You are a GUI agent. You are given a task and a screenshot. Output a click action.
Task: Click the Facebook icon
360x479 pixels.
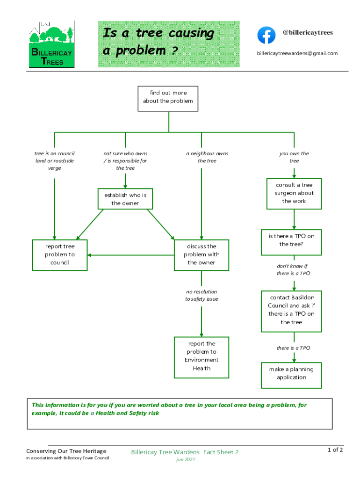point(266,35)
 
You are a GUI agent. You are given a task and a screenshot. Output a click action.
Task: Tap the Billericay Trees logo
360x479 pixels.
point(51,44)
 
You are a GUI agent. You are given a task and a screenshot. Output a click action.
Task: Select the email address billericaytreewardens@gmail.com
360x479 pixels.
point(297,53)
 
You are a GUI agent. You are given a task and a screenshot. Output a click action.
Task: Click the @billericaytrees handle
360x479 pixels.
point(308,33)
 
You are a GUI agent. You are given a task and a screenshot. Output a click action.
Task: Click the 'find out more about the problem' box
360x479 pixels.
point(168,98)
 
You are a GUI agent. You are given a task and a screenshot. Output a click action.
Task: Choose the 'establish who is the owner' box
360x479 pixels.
point(125,199)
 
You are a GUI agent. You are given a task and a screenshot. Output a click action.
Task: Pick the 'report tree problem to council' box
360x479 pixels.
point(60,255)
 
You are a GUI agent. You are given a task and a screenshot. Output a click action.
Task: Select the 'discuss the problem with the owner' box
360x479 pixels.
point(202,255)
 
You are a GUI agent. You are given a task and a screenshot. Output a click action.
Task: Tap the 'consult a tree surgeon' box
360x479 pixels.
point(294,193)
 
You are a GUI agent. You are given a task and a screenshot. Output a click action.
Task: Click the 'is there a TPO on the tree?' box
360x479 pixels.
point(291,242)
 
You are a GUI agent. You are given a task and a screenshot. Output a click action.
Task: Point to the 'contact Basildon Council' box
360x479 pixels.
point(291,311)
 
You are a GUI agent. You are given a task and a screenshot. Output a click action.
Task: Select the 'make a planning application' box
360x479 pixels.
point(291,375)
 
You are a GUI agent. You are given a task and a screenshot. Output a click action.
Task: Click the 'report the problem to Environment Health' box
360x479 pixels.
point(202,357)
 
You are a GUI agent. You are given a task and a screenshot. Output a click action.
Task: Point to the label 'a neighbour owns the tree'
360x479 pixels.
point(207,157)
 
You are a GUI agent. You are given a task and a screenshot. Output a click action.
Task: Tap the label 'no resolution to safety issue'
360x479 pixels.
point(202,295)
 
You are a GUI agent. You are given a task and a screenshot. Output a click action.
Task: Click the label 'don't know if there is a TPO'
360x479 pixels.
point(293,269)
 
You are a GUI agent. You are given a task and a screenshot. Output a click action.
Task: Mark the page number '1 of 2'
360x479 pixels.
point(335,450)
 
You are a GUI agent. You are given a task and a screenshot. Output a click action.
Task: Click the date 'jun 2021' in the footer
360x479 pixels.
point(185,459)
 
